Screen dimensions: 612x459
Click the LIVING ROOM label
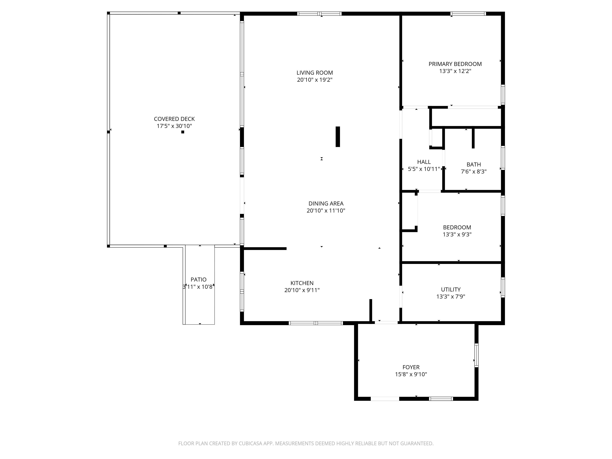pyautogui.click(x=315, y=73)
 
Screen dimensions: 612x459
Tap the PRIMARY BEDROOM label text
pyautogui.click(x=455, y=64)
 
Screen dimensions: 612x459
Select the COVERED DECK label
pyautogui.click(x=174, y=119)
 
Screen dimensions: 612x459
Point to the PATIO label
pyautogui.click(x=198, y=279)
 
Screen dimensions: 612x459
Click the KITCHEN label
pyautogui.click(x=302, y=283)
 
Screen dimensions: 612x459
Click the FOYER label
pyautogui.click(x=411, y=367)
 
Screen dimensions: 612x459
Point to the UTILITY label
pyautogui.click(x=451, y=289)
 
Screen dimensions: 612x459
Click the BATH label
pyautogui.click(x=474, y=164)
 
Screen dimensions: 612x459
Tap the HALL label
pyautogui.click(x=424, y=162)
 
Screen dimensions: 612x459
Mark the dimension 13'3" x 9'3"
pyautogui.click(x=457, y=235)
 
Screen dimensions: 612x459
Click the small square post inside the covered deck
pyautogui.click(x=183, y=132)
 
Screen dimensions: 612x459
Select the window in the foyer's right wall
pyautogui.click(x=476, y=355)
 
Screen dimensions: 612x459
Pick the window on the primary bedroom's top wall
pyautogui.click(x=468, y=14)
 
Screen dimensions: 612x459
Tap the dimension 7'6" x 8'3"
pyautogui.click(x=474, y=172)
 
